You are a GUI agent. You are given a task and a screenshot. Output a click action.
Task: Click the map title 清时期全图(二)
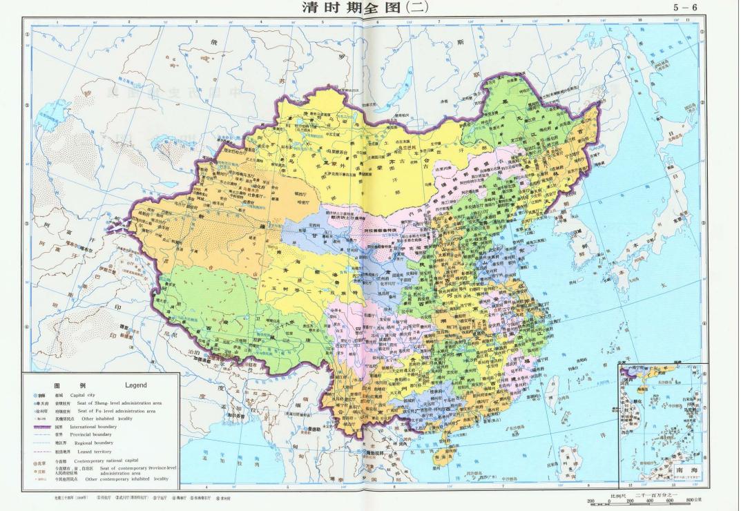pyautogui.click(x=366, y=8)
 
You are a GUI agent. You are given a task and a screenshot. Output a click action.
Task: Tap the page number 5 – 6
pyautogui.click(x=685, y=8)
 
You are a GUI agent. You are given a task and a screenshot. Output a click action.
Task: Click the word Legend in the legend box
pyautogui.click(x=135, y=384)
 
